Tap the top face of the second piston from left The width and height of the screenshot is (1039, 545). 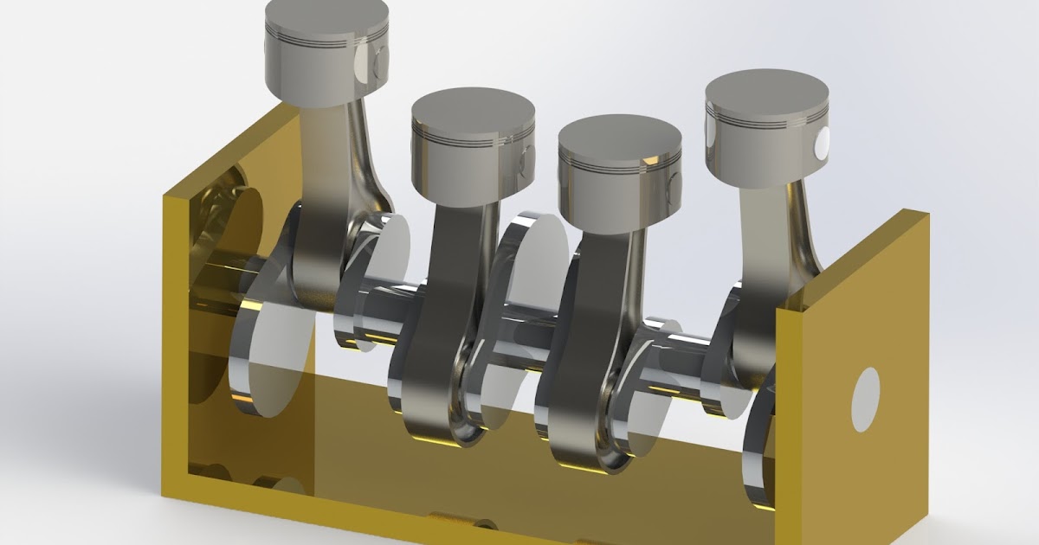click(472, 107)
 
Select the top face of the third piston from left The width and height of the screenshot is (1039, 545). click(619, 137)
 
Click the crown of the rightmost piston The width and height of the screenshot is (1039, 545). click(766, 90)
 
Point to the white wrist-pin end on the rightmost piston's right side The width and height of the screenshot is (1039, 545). click(820, 142)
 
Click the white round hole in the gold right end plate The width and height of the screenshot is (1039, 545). click(865, 399)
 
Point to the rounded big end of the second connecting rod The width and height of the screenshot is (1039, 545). click(433, 407)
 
